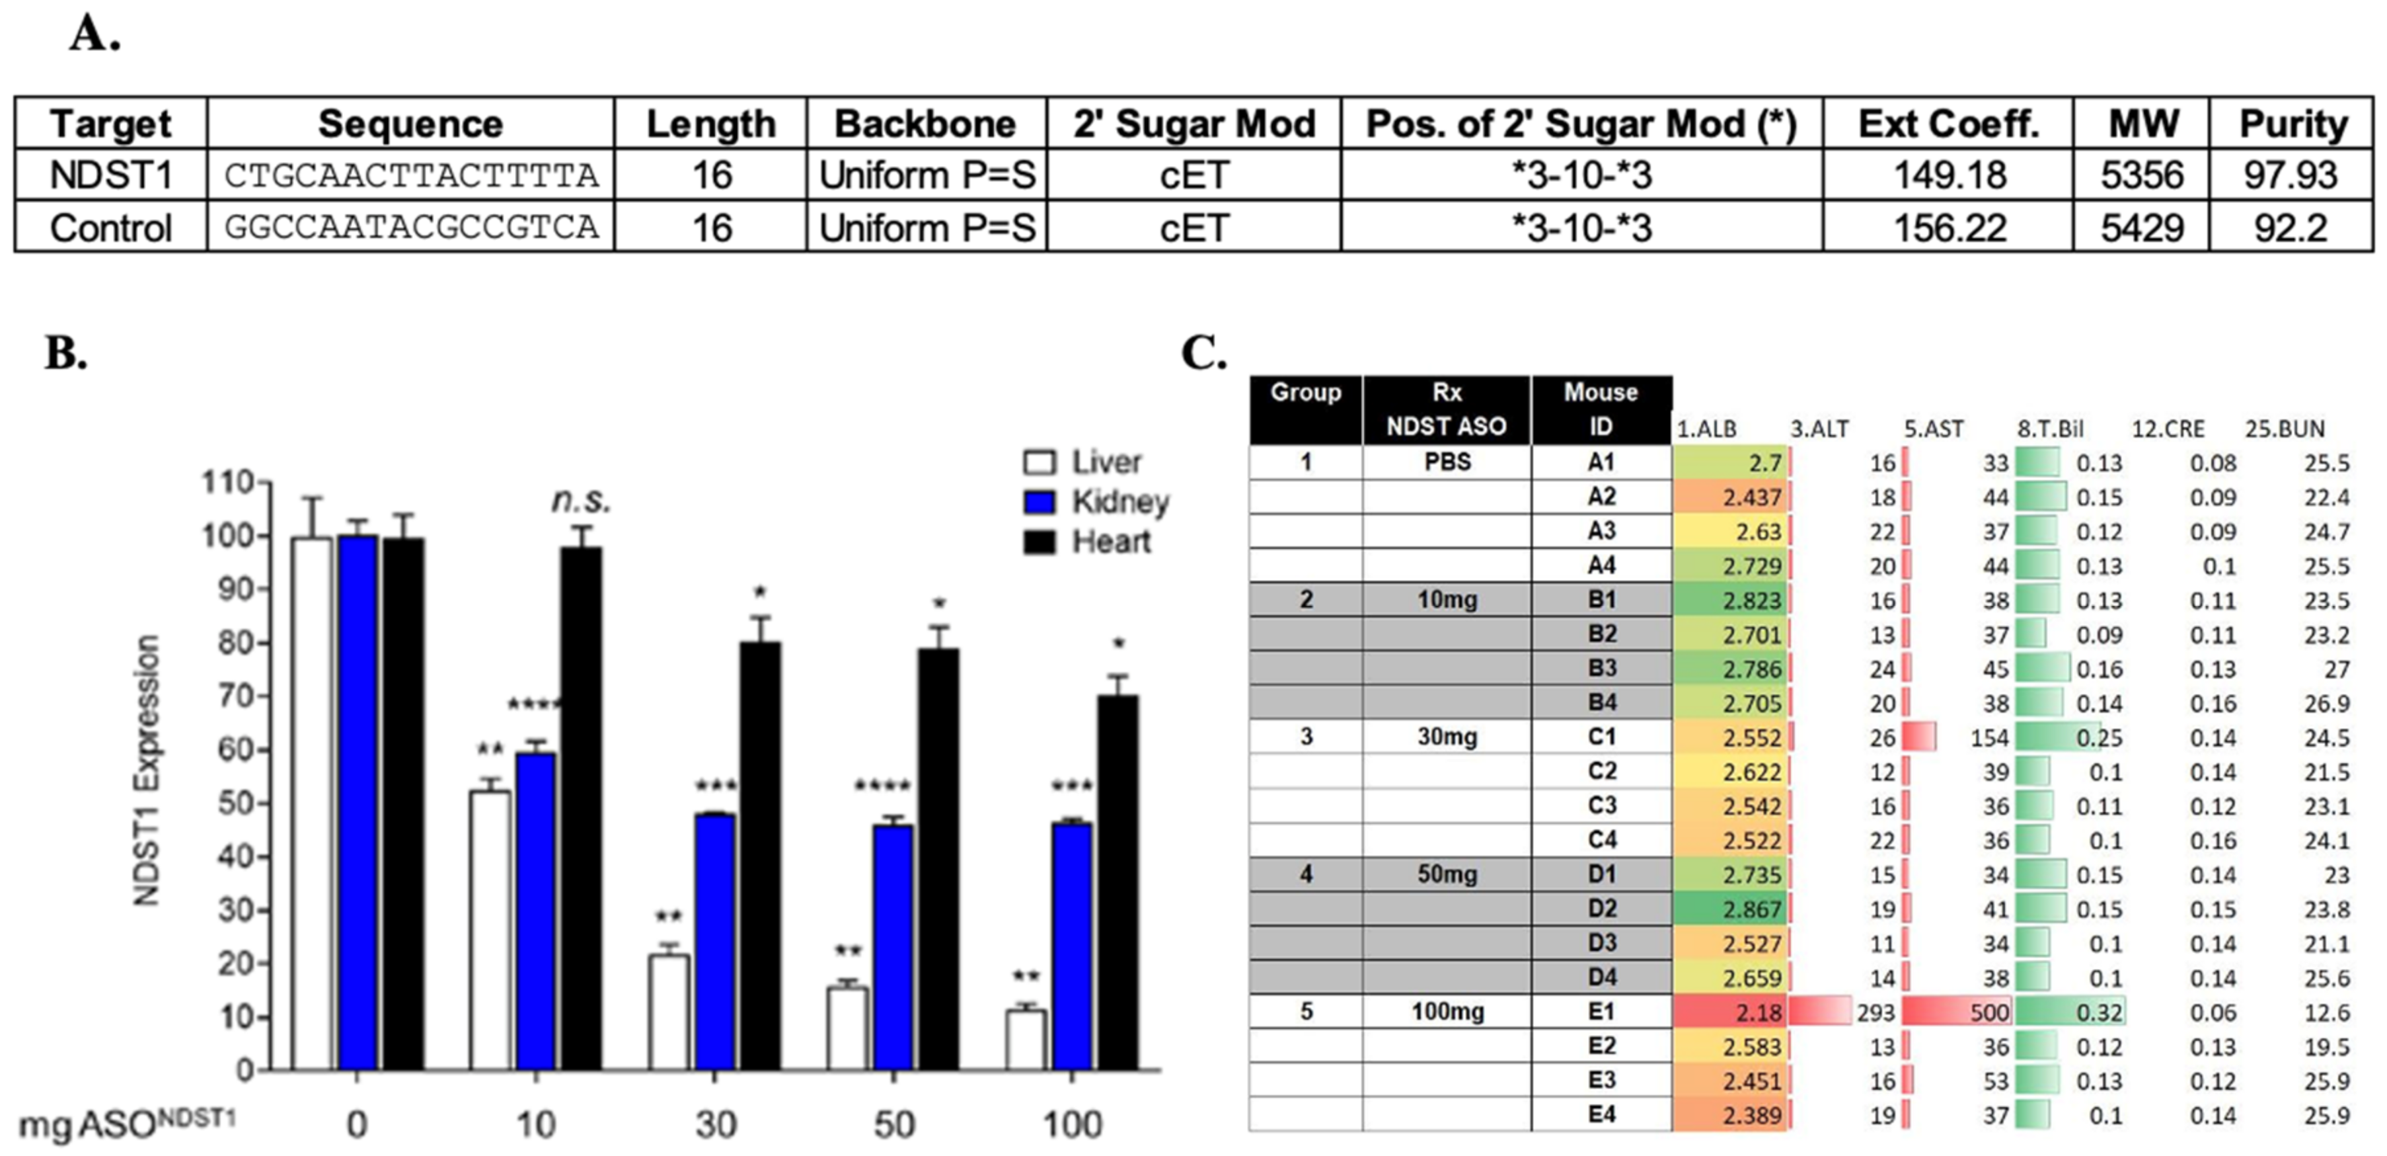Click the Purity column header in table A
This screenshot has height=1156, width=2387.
coord(2292,124)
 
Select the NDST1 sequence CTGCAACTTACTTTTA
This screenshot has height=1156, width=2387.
coord(410,176)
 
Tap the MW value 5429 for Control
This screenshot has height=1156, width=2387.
coord(2141,228)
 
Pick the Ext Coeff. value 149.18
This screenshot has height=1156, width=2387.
coord(1949,176)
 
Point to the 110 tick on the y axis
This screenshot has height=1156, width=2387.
coord(228,482)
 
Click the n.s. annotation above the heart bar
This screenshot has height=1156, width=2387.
coord(581,501)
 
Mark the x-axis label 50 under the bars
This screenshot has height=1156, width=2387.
coord(893,1124)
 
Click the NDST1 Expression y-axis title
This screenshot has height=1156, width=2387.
coord(147,769)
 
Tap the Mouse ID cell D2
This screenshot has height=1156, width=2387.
coord(1601,909)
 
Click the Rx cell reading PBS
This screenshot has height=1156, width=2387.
coord(1447,462)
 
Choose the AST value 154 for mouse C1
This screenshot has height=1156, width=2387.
coord(1989,738)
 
